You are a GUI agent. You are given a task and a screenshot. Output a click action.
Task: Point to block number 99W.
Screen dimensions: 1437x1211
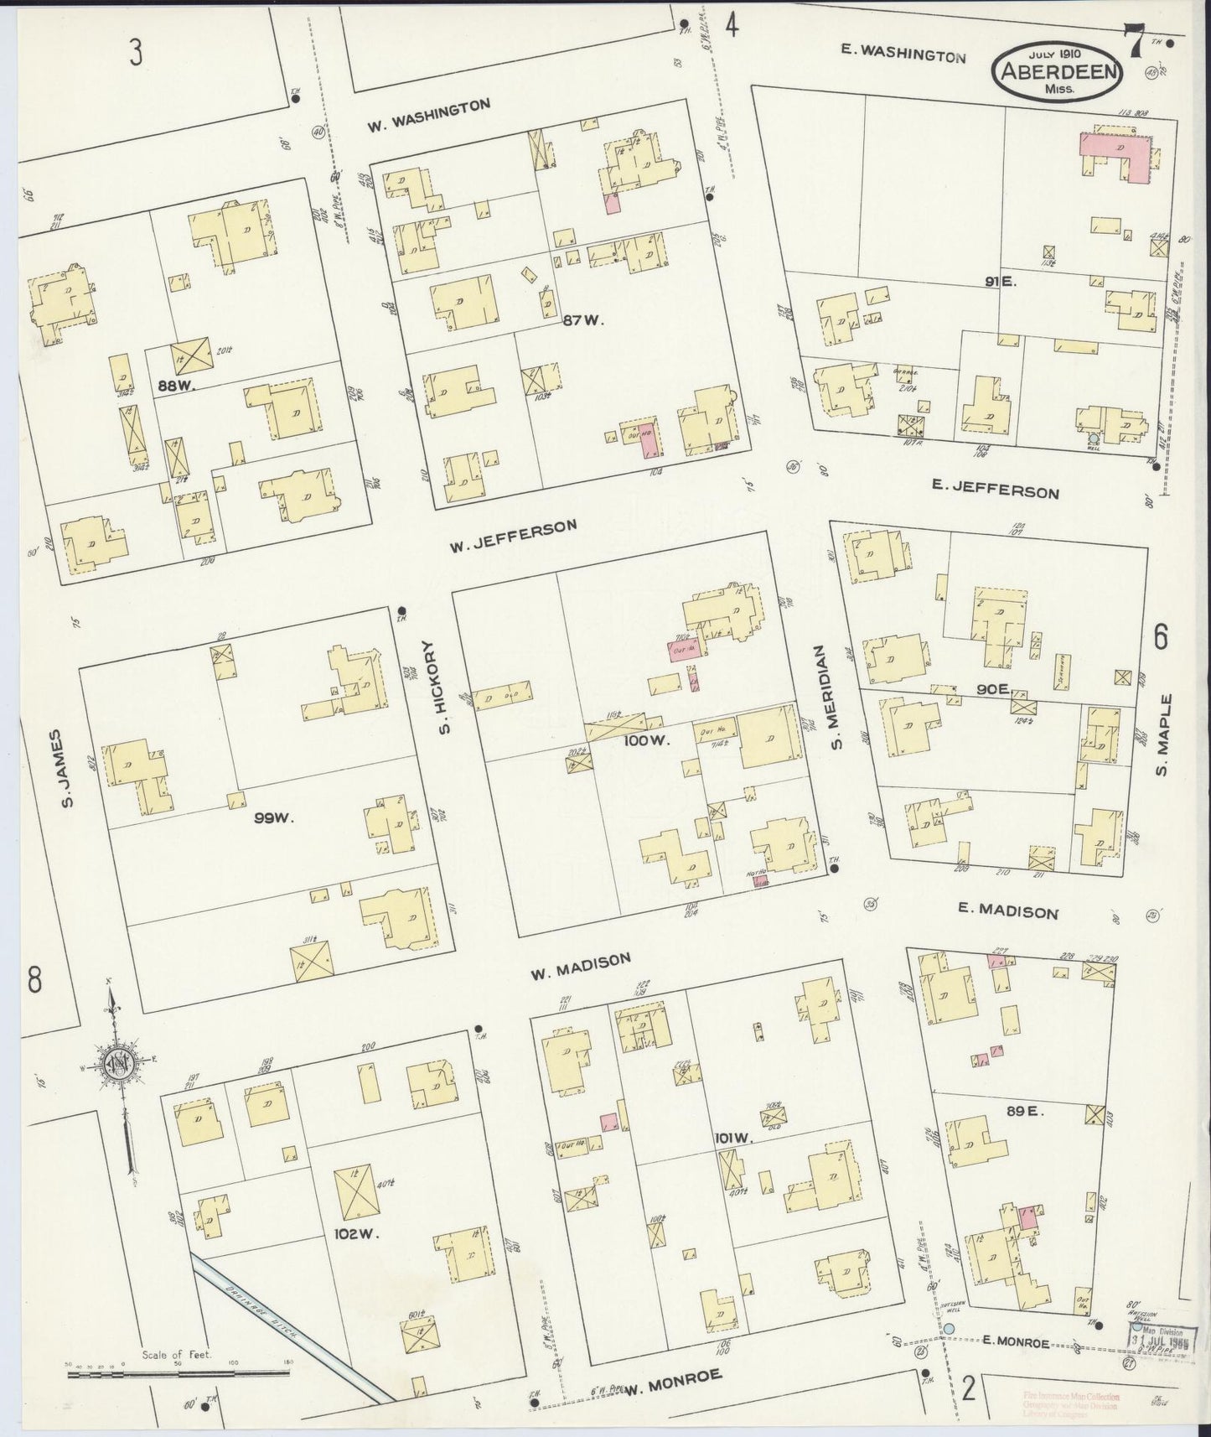click(273, 817)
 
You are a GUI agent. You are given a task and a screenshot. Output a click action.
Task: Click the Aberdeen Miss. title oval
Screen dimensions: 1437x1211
click(1057, 74)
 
